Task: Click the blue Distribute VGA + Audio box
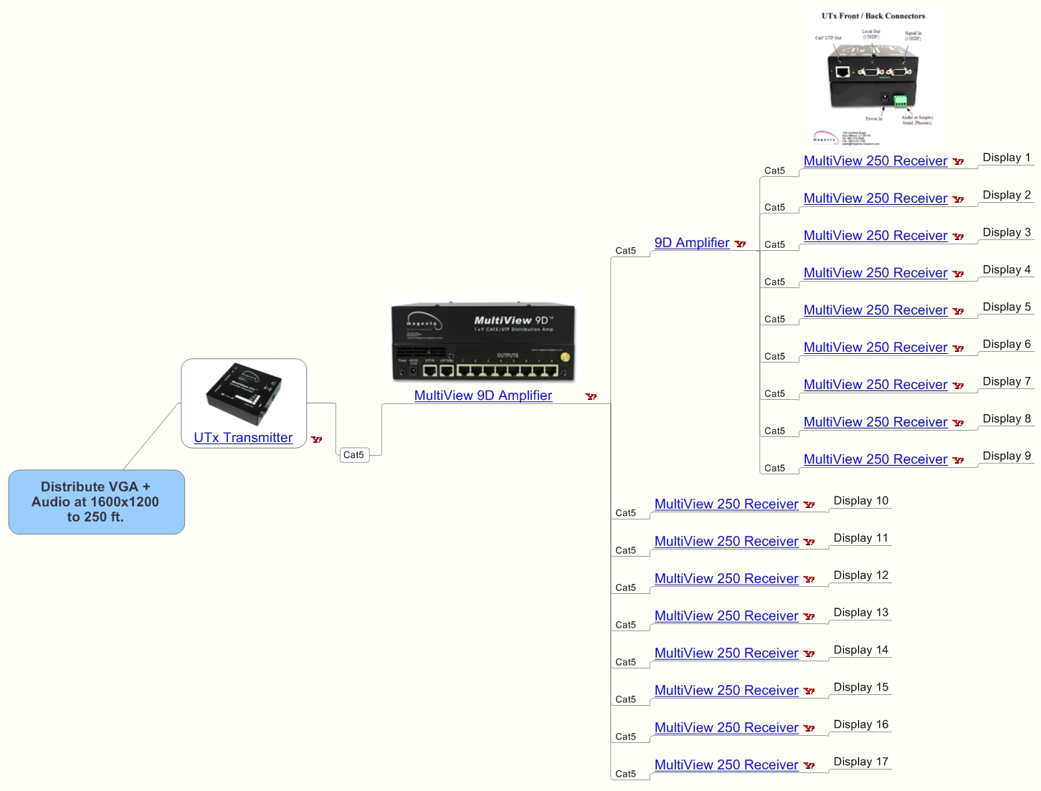click(x=96, y=502)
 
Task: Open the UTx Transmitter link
click(x=243, y=438)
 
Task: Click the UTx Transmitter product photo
click(x=243, y=394)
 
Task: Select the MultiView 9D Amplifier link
click(x=483, y=395)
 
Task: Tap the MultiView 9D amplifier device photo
click(x=483, y=342)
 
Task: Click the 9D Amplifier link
click(x=692, y=243)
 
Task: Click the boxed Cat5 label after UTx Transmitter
click(x=353, y=455)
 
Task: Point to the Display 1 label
click(x=1006, y=158)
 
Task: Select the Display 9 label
click(x=1006, y=456)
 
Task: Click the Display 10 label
click(x=860, y=501)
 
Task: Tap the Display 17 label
click(x=860, y=762)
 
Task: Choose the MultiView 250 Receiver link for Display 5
click(x=875, y=310)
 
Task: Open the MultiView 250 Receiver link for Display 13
click(x=726, y=616)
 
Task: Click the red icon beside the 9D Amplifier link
click(x=740, y=244)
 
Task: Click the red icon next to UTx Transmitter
click(x=316, y=439)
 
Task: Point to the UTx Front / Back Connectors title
click(x=873, y=16)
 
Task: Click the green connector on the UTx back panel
click(x=900, y=100)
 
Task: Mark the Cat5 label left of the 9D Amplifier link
click(x=625, y=251)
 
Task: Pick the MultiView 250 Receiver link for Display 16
click(x=726, y=728)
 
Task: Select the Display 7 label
click(x=1006, y=381)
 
